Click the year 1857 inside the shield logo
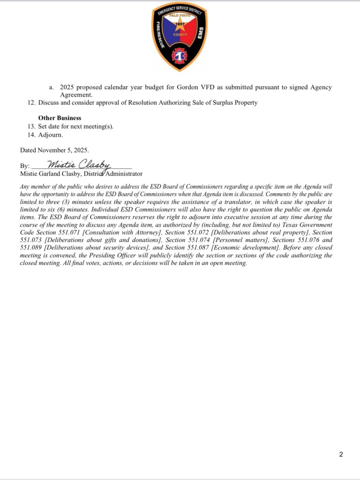click(180, 24)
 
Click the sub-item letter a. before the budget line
click(51, 88)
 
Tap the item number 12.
click(31, 103)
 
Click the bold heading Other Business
click(60, 118)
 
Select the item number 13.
click(31, 127)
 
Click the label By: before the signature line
click(25, 166)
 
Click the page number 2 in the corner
click(341, 454)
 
